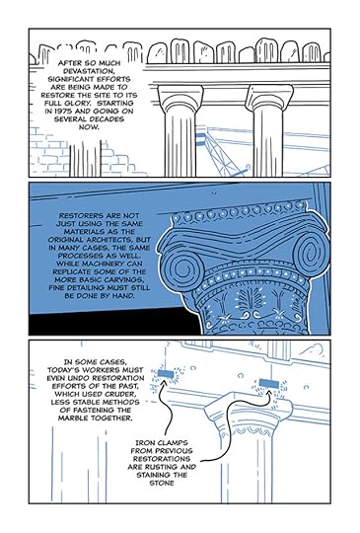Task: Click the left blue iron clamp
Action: point(166,373)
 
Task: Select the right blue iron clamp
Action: point(268,384)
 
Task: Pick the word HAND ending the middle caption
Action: point(123,296)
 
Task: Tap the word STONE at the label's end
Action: point(162,483)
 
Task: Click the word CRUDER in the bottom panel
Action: point(120,394)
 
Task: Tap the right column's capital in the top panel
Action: point(269,98)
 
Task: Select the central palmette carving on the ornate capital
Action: point(250,301)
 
